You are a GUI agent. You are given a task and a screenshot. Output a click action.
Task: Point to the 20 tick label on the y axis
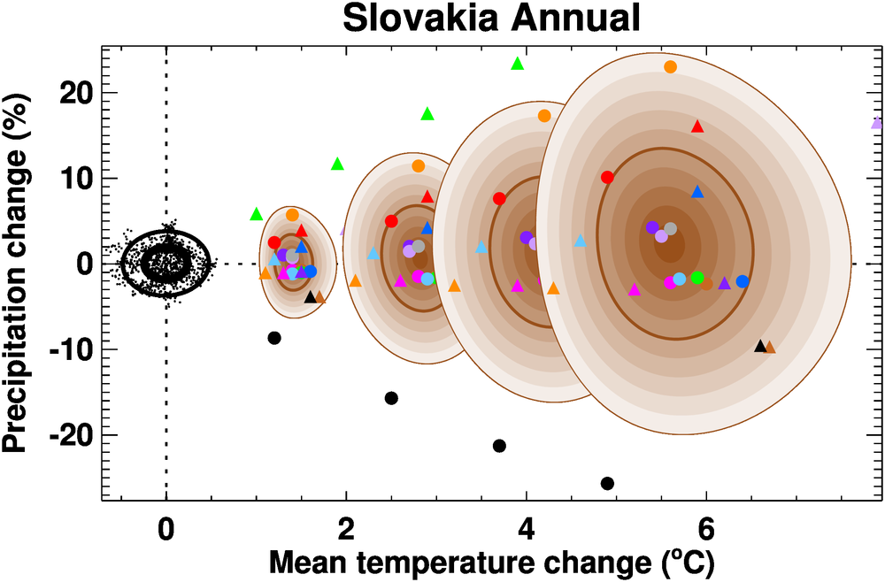tap(76, 93)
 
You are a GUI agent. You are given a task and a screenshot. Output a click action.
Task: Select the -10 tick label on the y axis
tap(71, 349)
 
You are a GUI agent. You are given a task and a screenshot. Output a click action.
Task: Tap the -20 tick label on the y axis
tap(71, 435)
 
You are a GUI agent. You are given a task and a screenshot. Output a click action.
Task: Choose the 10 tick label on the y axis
tap(76, 179)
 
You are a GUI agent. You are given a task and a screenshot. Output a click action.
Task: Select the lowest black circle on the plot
tap(607, 483)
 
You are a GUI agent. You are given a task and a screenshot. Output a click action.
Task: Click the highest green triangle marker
tap(518, 64)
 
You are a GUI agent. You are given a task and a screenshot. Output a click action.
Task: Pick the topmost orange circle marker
tap(670, 67)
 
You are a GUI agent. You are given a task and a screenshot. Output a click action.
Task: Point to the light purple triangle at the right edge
tap(877, 123)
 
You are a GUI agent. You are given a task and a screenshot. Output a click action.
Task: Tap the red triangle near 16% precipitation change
tap(697, 126)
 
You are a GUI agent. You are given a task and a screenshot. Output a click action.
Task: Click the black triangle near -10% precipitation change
tap(759, 346)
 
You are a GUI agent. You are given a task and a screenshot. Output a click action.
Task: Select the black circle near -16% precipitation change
tap(391, 398)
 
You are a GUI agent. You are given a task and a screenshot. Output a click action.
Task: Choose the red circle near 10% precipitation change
tap(607, 177)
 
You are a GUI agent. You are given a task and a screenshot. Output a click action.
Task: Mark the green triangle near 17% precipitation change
tap(427, 113)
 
